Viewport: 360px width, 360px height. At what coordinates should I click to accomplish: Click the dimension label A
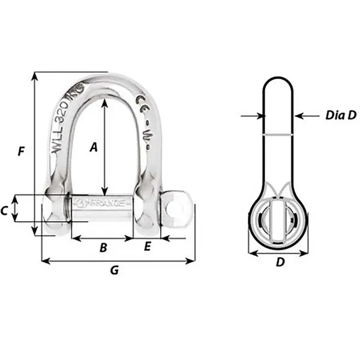pos(93,146)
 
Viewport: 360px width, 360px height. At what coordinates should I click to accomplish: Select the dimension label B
pos(103,247)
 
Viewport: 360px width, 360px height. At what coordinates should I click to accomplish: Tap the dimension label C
pos(4,210)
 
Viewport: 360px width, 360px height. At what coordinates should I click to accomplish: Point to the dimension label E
pos(147,247)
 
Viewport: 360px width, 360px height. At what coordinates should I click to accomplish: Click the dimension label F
pos(21,151)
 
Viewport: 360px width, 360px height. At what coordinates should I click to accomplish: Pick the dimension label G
pos(114,271)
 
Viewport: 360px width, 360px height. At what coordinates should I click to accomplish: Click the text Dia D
pos(340,115)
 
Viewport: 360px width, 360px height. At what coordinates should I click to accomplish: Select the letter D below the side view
pos(279,262)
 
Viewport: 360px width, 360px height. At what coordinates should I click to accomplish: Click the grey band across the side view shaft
pos(278,136)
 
